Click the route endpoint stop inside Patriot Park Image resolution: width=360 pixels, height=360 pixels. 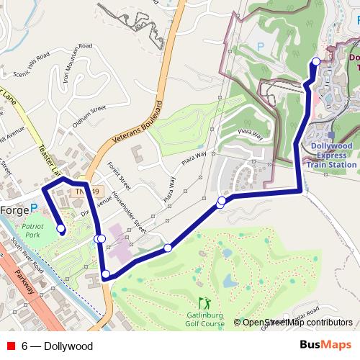(61, 230)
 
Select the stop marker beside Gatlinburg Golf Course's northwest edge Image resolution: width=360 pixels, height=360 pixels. (168, 248)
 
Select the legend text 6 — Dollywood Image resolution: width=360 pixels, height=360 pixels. (57, 346)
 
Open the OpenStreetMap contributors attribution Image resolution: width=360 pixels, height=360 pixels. (297, 323)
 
